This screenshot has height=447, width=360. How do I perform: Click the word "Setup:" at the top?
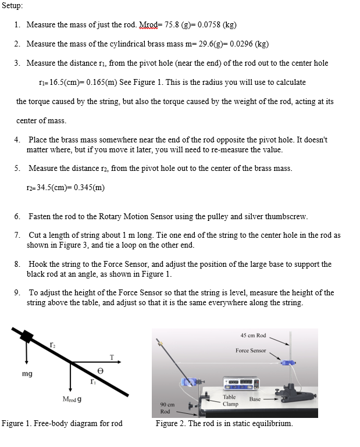[x=13, y=6]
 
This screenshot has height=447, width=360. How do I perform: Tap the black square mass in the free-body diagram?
[x=27, y=337]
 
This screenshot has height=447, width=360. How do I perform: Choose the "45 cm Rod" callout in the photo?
[x=253, y=335]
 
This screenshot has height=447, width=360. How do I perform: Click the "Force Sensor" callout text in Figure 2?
[x=251, y=351]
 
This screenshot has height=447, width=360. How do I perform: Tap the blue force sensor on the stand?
[x=287, y=362]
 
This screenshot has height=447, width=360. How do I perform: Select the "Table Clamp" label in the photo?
[x=230, y=399]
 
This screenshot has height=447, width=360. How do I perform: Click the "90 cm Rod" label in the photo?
[x=165, y=407]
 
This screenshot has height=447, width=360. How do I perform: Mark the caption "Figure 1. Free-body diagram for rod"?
[x=62, y=423]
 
